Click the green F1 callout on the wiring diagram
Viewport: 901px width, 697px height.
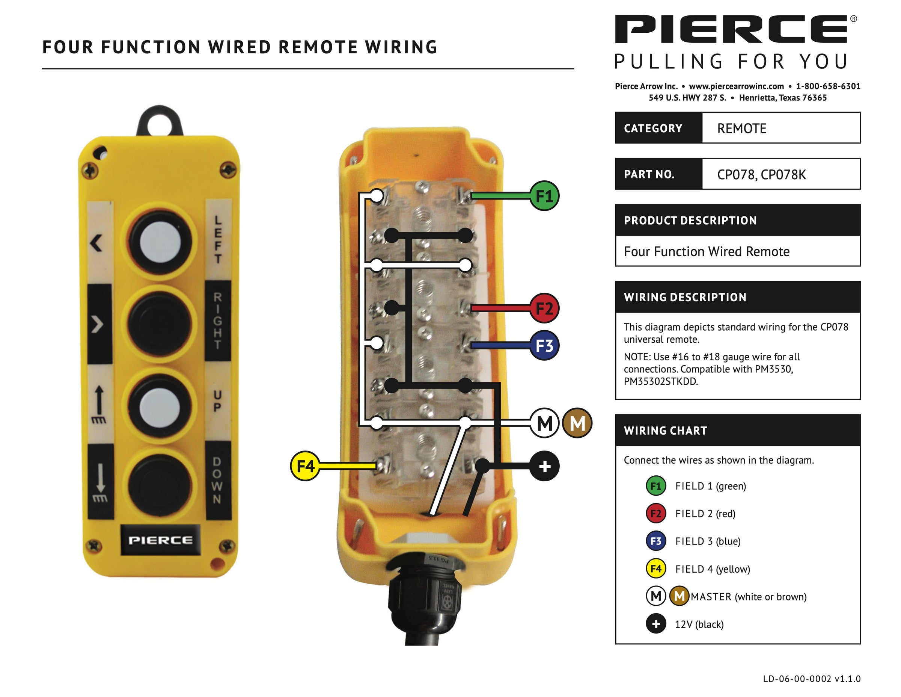coord(544,196)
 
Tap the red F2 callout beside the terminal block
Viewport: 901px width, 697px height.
coord(544,308)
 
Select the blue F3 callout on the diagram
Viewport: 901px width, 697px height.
coord(544,346)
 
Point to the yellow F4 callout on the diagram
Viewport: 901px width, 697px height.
coord(305,466)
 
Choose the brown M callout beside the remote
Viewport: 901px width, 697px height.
coord(577,423)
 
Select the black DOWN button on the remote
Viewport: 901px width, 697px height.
coord(160,485)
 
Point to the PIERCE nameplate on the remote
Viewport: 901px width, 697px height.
coord(160,540)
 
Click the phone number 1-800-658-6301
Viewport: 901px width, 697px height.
coord(828,86)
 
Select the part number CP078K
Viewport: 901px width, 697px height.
coord(783,175)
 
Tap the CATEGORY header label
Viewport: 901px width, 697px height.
coord(652,129)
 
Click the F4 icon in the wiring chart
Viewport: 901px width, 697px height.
coord(655,569)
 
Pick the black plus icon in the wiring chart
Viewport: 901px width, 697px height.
coord(655,624)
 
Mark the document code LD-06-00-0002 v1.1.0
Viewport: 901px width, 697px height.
coord(812,679)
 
